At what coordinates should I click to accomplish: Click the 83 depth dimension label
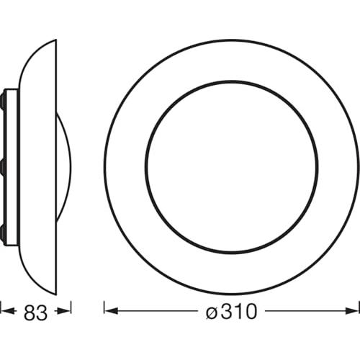[35, 312]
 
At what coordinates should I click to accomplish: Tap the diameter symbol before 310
[212, 312]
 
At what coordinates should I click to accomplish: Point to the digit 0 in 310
[250, 311]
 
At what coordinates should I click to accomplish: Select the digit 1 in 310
[237, 311]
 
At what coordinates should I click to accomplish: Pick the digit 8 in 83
[30, 312]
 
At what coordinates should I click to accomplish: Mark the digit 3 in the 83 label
[42, 312]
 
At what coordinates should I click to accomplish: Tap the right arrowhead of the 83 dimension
[66, 312]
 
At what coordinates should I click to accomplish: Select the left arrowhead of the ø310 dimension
[112, 311]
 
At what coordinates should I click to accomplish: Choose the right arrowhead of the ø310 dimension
[352, 311]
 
